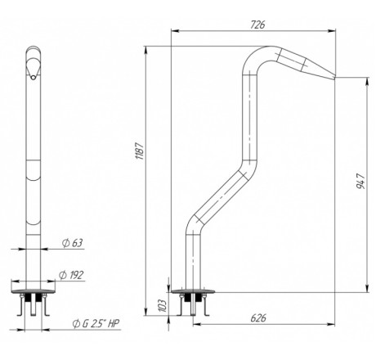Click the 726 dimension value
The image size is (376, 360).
point(257,25)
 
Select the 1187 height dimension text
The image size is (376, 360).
point(140,151)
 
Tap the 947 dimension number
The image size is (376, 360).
point(360,181)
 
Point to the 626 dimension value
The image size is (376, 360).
point(258,318)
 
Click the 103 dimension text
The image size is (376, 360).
point(162,306)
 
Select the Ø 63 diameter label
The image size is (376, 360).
point(72,243)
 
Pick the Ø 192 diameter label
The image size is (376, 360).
point(71,275)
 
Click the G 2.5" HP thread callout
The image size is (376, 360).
point(96,323)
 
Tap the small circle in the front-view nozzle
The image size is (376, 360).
point(34,78)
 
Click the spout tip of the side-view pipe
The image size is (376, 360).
point(334,78)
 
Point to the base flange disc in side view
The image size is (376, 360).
point(193,291)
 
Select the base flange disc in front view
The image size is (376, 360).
point(34,291)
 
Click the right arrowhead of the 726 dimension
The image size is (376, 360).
point(332,31)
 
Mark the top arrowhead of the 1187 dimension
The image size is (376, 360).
point(145,50)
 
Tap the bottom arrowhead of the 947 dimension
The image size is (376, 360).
point(367,288)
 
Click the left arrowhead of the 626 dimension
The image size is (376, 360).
point(197,324)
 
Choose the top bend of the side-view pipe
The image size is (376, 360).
point(259,56)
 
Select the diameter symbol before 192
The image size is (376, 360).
point(62,275)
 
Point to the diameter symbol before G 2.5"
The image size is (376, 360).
point(76,324)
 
